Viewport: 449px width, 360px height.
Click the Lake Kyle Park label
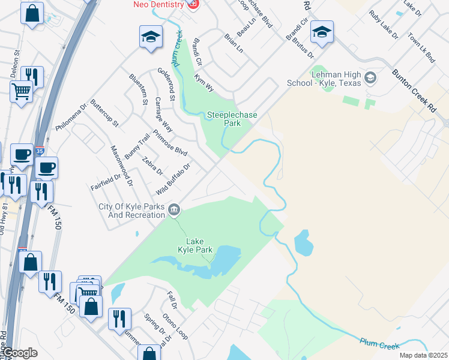click(196, 245)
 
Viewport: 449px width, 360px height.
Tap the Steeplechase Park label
click(224, 119)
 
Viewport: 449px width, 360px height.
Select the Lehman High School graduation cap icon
click(370, 77)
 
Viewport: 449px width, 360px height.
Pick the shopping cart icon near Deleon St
click(22, 92)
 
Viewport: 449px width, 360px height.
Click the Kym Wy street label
click(204, 83)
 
